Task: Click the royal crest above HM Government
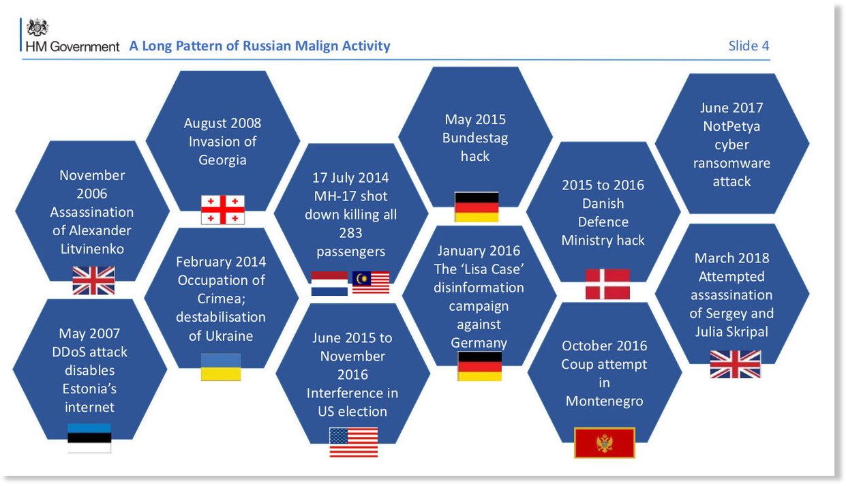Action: coord(37,27)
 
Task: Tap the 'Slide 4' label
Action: coord(749,46)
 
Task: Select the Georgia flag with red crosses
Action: coord(223,210)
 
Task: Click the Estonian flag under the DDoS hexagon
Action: coord(89,438)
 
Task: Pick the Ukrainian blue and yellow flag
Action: coord(221,367)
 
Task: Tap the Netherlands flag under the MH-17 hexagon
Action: coord(329,284)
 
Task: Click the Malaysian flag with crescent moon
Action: coord(371,282)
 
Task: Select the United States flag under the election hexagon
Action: coord(354,442)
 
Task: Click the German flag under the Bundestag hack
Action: coord(477,207)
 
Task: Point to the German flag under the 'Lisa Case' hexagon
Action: coord(480,366)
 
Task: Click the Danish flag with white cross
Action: coord(607,284)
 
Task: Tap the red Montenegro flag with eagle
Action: coord(604,442)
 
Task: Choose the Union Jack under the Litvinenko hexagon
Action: coord(93,281)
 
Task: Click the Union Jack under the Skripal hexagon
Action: coord(736,364)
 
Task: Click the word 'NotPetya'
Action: coord(731,126)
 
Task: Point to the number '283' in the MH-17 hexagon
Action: coord(350,233)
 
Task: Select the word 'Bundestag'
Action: coord(475,138)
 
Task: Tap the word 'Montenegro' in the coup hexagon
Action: coord(604,401)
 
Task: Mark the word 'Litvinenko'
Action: coord(92,249)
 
